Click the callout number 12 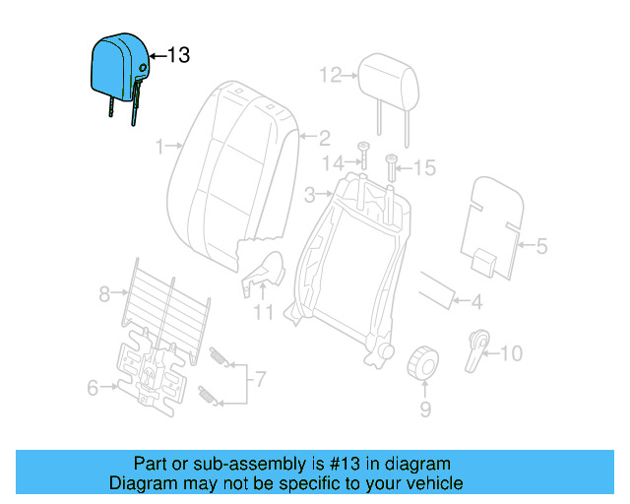coord(329,74)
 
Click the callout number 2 coord(323,138)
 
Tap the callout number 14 coord(336,161)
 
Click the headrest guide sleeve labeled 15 coord(391,167)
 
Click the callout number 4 coord(475,301)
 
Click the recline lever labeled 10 coord(478,346)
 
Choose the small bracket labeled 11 coord(261,275)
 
